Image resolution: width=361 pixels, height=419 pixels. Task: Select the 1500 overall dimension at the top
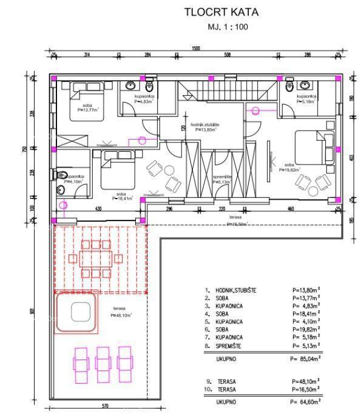tap(195, 48)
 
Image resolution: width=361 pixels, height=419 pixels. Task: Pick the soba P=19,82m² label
tap(289, 168)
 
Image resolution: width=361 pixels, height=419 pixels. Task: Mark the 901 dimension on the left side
tap(32, 311)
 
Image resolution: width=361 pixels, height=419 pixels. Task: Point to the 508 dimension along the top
tap(227, 55)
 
